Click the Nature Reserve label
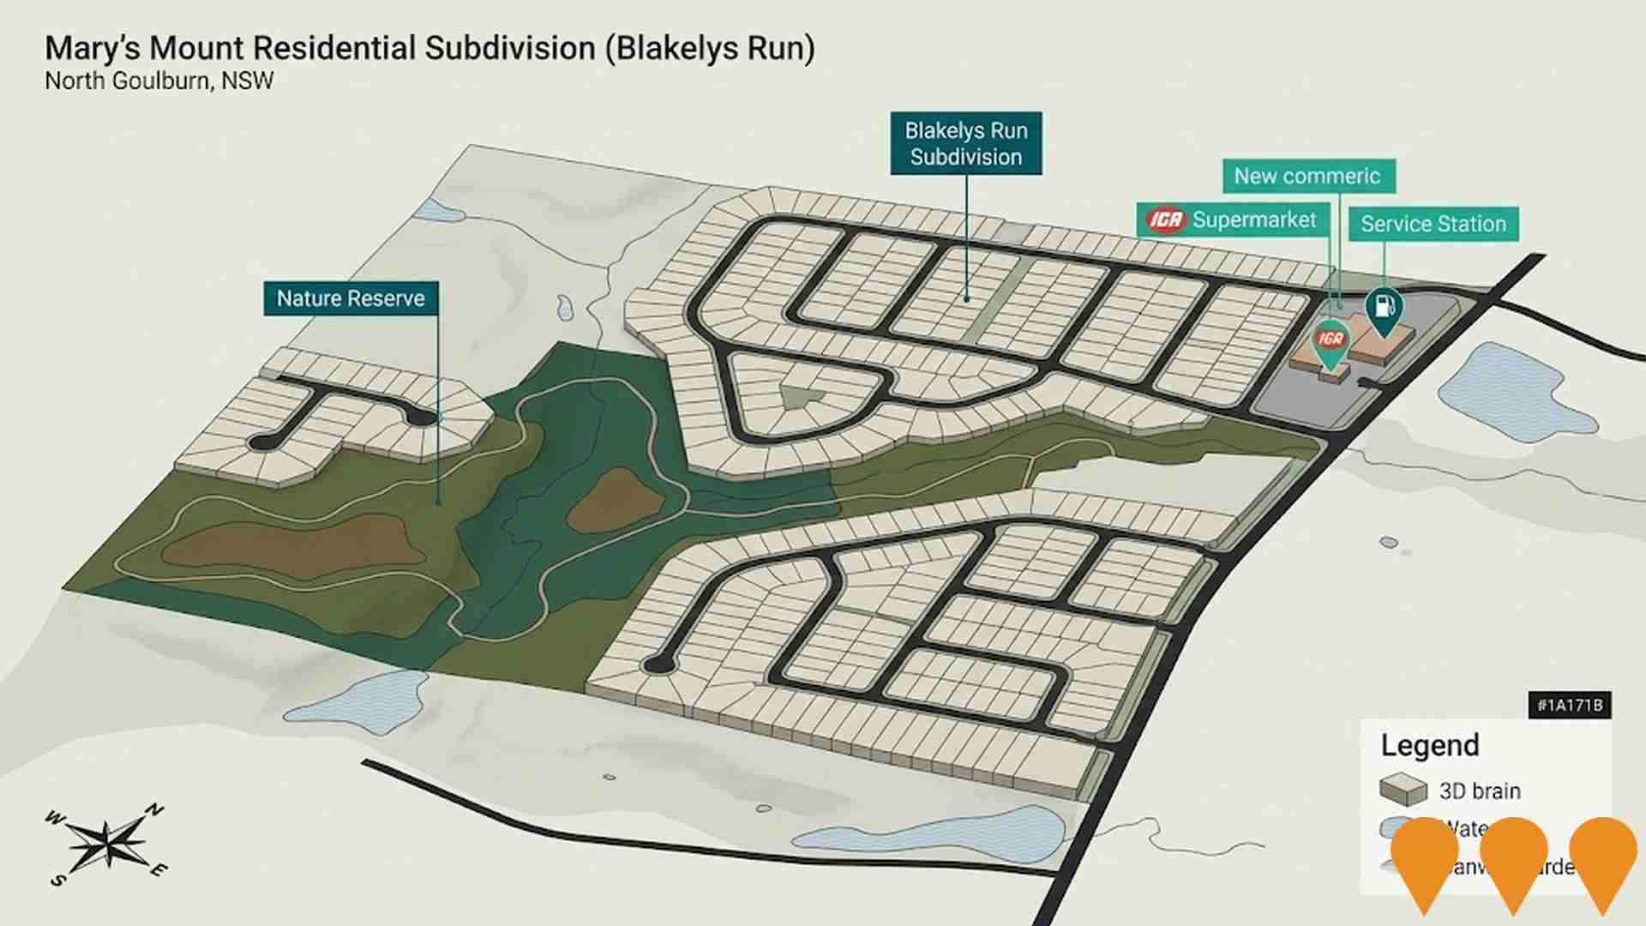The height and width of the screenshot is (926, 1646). pyautogui.click(x=351, y=298)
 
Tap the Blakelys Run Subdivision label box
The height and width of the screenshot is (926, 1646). pyautogui.click(x=966, y=143)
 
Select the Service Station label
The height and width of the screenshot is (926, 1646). pyautogui.click(x=1433, y=224)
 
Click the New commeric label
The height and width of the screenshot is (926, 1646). pyautogui.click(x=1307, y=176)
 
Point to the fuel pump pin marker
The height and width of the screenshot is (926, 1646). pyautogui.click(x=1384, y=309)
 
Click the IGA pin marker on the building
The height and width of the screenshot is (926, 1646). pyautogui.click(x=1331, y=341)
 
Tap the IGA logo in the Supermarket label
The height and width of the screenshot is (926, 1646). pyautogui.click(x=1166, y=220)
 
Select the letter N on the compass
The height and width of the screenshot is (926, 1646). pyautogui.click(x=154, y=809)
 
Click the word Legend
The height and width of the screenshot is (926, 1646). pyautogui.click(x=1429, y=745)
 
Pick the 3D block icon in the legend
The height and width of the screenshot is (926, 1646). pyautogui.click(x=1403, y=790)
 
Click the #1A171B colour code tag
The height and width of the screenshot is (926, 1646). pyautogui.click(x=1569, y=705)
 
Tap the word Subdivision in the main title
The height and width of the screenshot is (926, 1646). pyautogui.click(x=512, y=48)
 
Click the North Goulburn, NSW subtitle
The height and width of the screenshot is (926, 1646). pyautogui.click(x=159, y=81)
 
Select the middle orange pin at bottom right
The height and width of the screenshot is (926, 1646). pyautogui.click(x=1513, y=857)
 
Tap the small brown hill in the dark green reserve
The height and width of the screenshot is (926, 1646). pyautogui.click(x=614, y=500)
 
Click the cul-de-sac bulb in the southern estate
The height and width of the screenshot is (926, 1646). pyautogui.click(x=658, y=664)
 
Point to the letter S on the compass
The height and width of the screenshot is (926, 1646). pyautogui.click(x=57, y=881)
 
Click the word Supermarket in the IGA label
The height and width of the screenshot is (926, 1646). pyautogui.click(x=1253, y=220)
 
